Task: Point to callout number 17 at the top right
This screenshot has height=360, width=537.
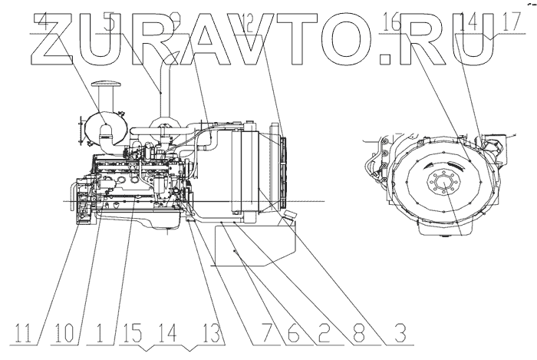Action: click(509, 25)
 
